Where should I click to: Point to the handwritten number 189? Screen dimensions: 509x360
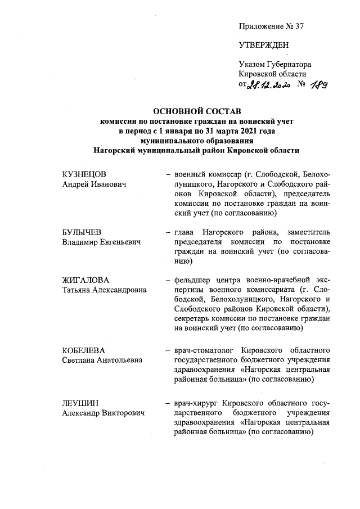(x=318, y=84)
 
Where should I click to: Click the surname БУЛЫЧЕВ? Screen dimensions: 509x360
(x=82, y=233)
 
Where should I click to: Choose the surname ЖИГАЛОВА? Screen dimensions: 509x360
(x=85, y=280)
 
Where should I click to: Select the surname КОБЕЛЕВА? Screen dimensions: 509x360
(x=84, y=350)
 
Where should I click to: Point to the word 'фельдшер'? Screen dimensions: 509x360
(x=191, y=280)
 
